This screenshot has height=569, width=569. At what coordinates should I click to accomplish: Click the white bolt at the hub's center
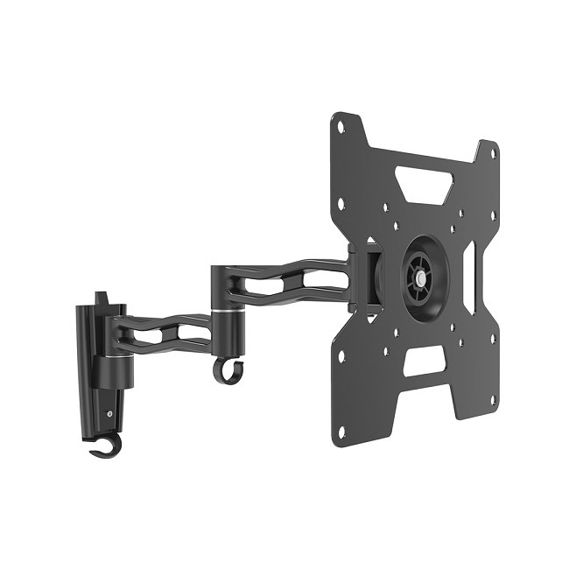coord(421,277)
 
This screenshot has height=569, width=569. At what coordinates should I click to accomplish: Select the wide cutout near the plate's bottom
coord(424,360)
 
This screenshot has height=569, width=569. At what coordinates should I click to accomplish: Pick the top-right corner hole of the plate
coord(494,155)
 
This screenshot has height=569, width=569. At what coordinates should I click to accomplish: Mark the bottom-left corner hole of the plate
coord(340,430)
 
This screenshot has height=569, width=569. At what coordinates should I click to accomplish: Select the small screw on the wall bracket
coord(109,414)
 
